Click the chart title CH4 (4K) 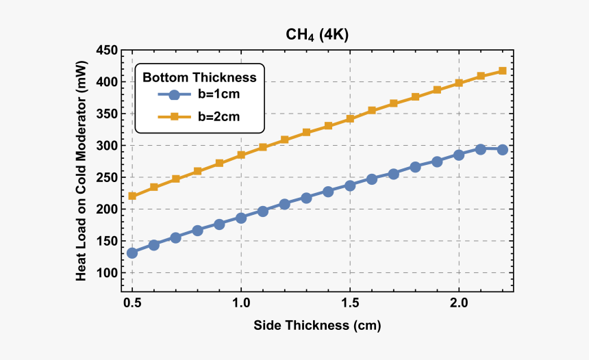[x=317, y=36]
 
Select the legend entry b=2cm [x=218, y=117]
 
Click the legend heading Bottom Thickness [x=199, y=77]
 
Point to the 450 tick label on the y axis [x=107, y=51]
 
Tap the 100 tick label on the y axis [x=107, y=273]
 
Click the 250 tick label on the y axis [x=107, y=178]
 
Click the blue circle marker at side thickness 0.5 [x=132, y=253]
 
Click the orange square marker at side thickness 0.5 [x=132, y=196]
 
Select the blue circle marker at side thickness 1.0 [x=241, y=218]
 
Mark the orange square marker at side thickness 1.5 [x=350, y=118]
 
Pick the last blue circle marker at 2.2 [x=502, y=149]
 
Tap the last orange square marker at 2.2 [x=502, y=71]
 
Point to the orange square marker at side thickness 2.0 [x=459, y=83]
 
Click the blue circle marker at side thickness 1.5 [x=350, y=185]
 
